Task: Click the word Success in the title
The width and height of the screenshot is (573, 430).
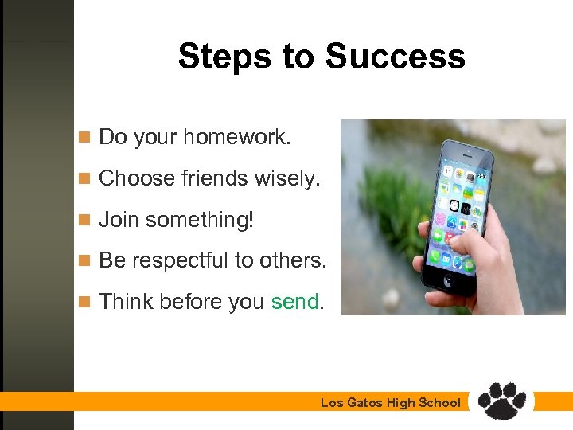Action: pos(395,57)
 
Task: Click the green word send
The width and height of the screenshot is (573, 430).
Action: pos(294,302)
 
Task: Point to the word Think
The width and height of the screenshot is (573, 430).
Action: pos(127,302)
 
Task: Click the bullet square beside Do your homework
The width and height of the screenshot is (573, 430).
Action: pos(84,138)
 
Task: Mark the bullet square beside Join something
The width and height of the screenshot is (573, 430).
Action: pos(84,220)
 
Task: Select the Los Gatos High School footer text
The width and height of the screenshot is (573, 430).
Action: pos(390,403)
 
